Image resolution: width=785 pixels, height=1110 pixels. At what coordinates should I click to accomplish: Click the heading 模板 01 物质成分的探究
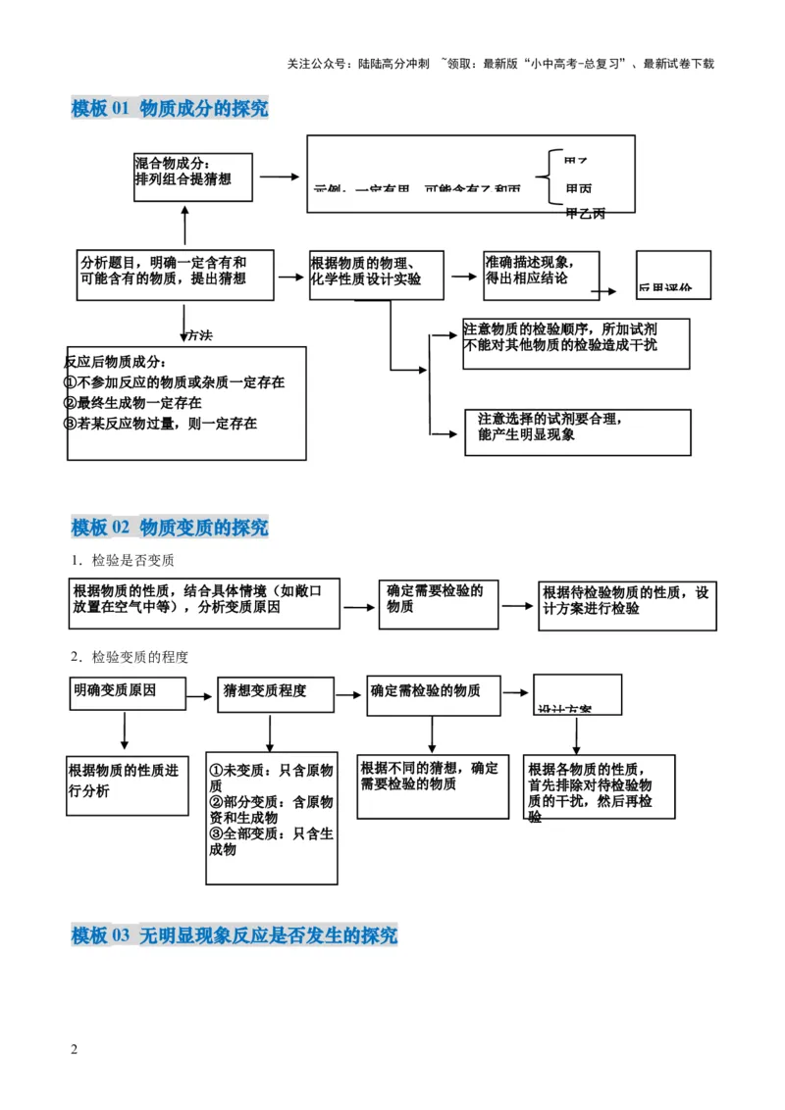(170, 109)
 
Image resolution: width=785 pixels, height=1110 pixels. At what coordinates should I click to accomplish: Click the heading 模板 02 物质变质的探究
(170, 528)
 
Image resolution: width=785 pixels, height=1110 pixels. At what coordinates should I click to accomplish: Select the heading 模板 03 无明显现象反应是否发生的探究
(235, 935)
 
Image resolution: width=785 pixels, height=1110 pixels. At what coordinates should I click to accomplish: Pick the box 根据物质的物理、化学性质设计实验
(376, 274)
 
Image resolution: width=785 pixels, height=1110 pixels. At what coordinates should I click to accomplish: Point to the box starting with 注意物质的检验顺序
(575, 341)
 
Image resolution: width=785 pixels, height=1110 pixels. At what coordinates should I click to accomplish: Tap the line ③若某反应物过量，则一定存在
(160, 424)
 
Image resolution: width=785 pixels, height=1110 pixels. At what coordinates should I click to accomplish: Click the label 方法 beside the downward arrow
(199, 335)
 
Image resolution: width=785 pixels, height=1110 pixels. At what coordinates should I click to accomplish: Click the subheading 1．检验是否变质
(122, 561)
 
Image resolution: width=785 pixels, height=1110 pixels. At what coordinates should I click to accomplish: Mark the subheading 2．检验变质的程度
(129, 656)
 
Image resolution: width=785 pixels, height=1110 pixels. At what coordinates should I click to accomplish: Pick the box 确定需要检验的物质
(437, 600)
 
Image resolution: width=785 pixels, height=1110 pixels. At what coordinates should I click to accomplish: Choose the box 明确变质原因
(128, 693)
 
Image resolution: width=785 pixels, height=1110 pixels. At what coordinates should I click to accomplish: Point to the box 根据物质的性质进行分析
(127, 783)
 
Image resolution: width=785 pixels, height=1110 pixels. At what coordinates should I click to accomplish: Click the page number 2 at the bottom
(75, 1049)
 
